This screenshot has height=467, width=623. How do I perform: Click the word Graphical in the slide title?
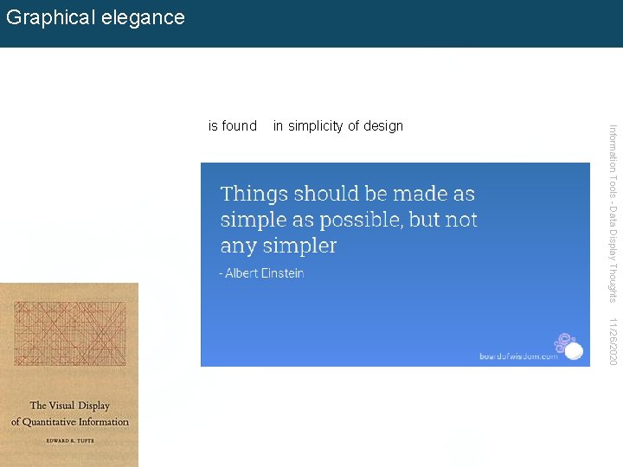(x=49, y=18)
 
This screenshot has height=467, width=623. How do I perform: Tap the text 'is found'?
(x=233, y=126)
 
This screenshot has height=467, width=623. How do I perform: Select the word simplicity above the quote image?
(x=316, y=126)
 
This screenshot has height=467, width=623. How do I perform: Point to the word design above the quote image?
(x=383, y=126)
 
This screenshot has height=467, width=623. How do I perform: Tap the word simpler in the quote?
(x=303, y=246)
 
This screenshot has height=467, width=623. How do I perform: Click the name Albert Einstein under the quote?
(x=265, y=273)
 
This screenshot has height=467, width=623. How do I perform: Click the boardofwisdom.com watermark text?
(x=518, y=355)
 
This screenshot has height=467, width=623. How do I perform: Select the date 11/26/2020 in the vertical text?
(x=613, y=341)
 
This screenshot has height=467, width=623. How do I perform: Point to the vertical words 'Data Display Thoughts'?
(x=613, y=256)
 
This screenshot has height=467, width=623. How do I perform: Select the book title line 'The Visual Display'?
(x=70, y=406)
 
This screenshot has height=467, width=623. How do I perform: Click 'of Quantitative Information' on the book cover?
(x=70, y=422)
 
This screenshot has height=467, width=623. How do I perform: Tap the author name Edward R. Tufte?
(x=70, y=440)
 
